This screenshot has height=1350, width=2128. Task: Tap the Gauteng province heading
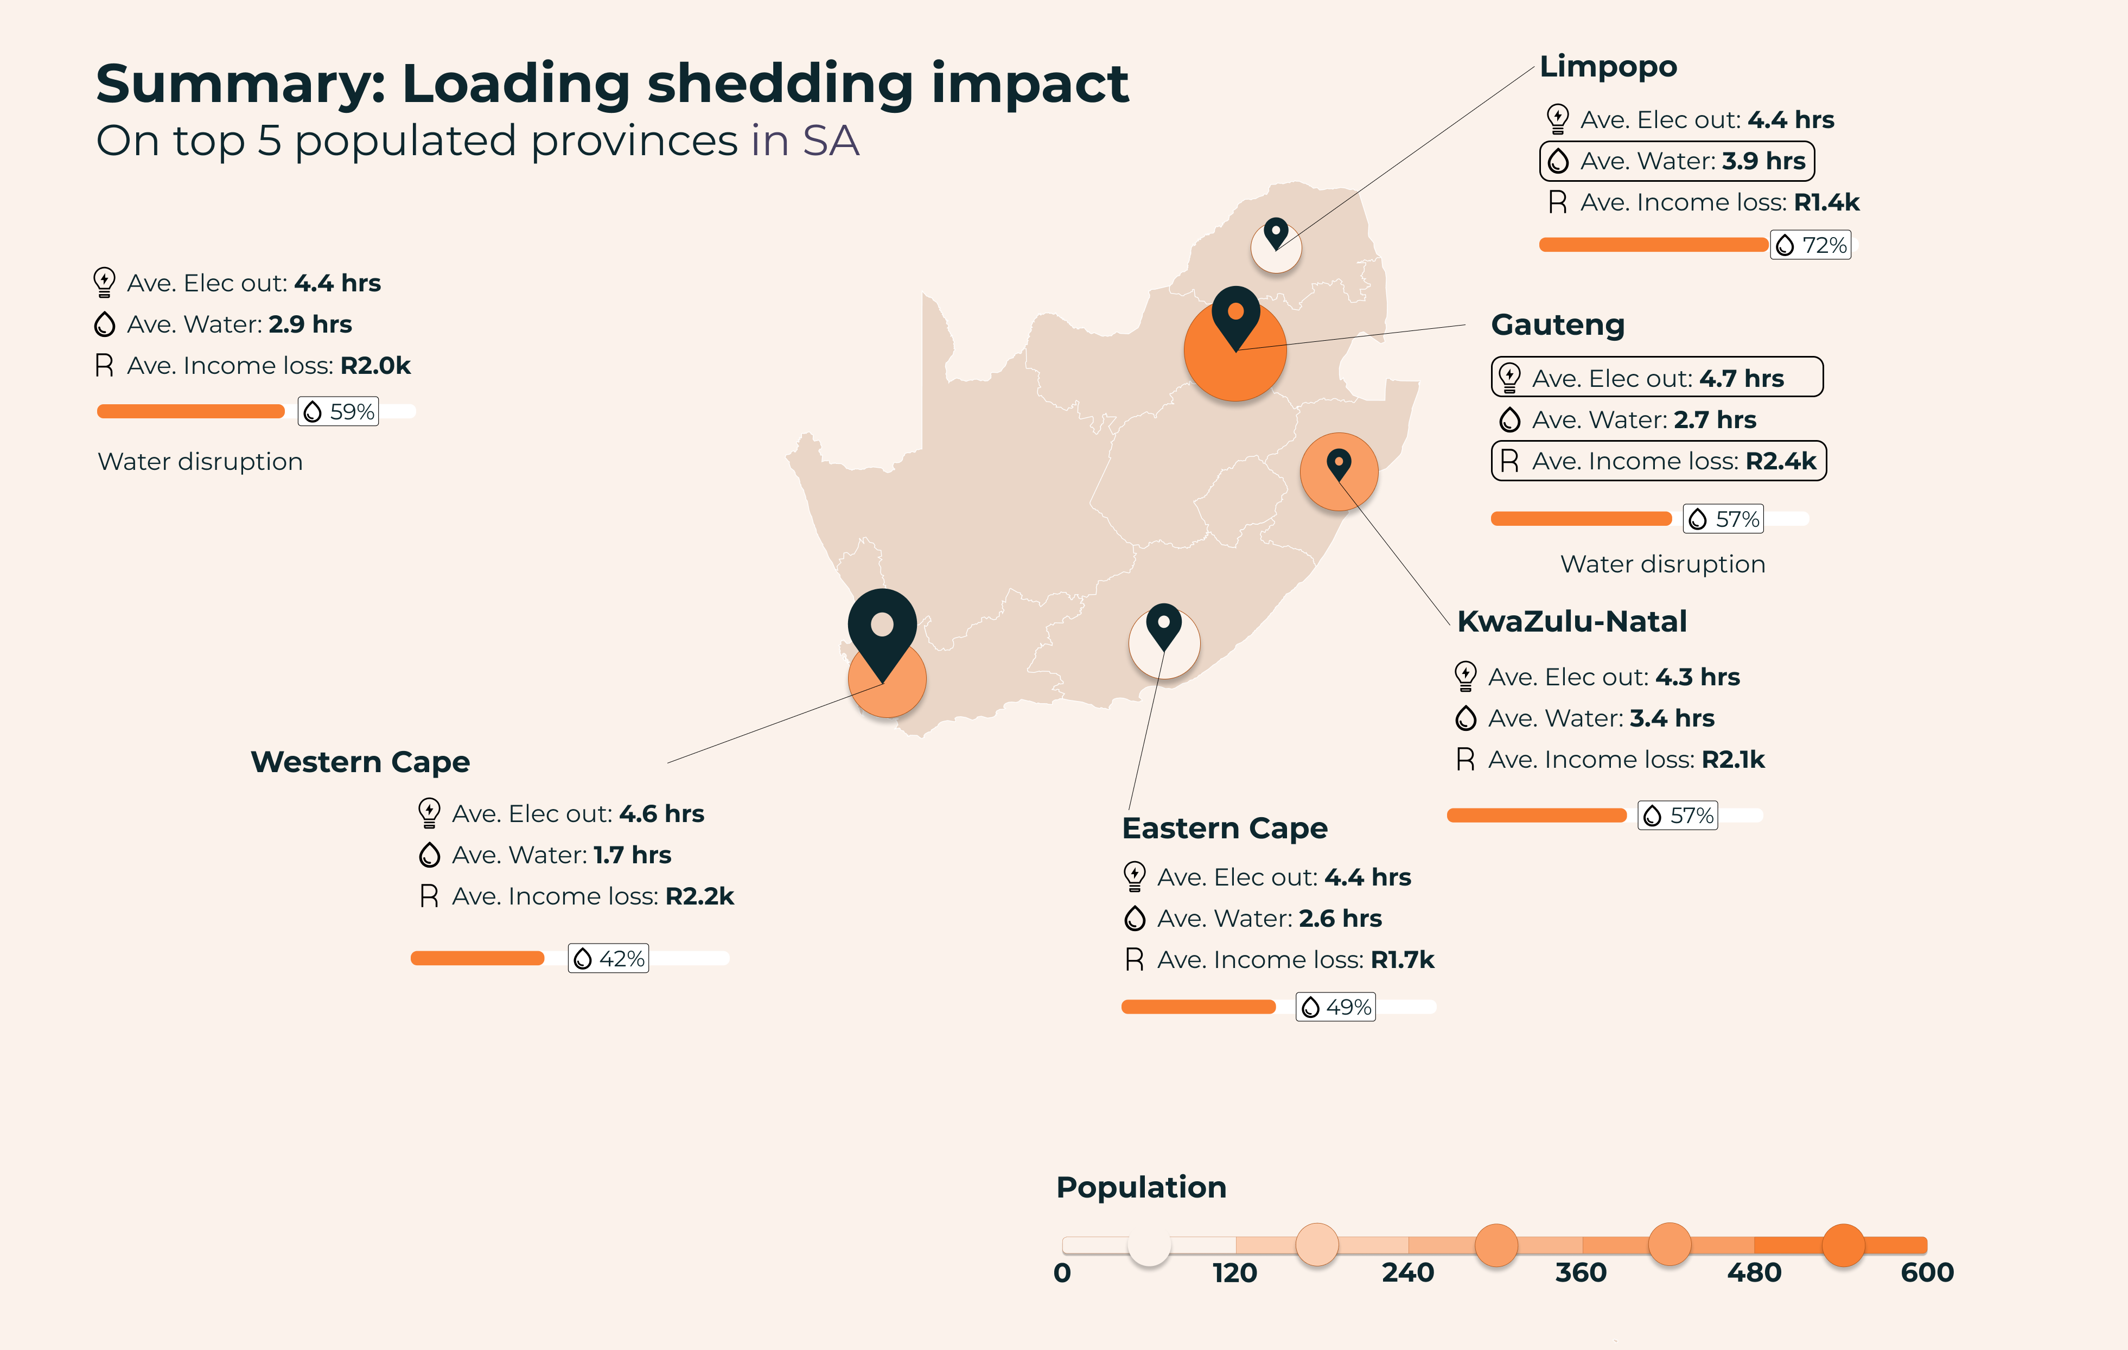[1557, 325]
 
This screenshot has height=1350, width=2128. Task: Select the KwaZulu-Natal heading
[1571, 622]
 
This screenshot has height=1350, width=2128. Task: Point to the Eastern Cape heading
[1224, 829]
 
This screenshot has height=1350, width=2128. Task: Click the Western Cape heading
[360, 762]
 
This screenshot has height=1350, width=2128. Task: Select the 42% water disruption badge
[608, 959]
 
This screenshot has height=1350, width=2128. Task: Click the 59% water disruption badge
[339, 412]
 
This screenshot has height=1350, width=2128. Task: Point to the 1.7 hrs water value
[632, 855]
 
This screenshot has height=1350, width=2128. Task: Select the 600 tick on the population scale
[1927, 1273]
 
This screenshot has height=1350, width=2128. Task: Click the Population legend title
[1141, 1187]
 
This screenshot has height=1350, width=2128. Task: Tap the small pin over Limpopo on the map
[1275, 233]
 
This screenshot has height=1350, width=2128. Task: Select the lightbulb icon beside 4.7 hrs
[1509, 378]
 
